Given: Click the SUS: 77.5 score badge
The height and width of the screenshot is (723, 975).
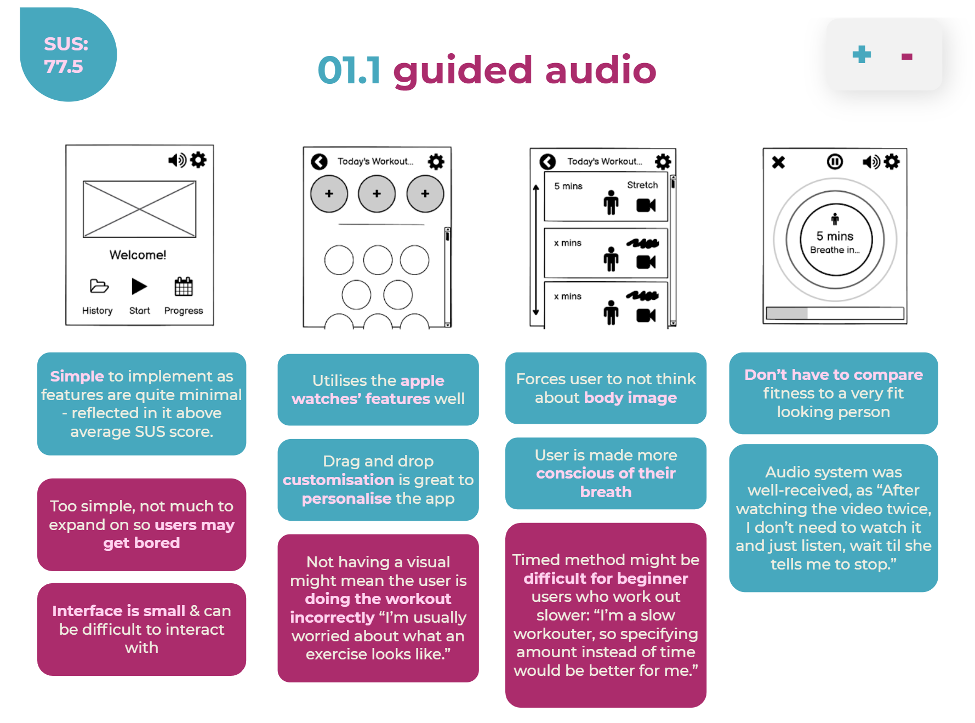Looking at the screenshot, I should pyautogui.click(x=67, y=55).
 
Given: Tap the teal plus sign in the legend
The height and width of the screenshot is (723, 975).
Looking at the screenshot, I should pyautogui.click(x=862, y=54).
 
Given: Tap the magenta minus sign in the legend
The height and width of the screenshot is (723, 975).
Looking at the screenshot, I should pyautogui.click(x=906, y=56).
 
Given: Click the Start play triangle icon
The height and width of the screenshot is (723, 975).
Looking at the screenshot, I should pyautogui.click(x=139, y=286).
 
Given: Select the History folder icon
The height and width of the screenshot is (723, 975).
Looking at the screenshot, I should pyautogui.click(x=99, y=286).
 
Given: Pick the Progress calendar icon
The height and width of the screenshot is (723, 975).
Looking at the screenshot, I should pyautogui.click(x=184, y=287).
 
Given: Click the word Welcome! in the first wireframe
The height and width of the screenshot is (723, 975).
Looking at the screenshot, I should pyautogui.click(x=138, y=255).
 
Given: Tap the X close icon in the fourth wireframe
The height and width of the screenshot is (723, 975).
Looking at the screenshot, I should pyautogui.click(x=778, y=162).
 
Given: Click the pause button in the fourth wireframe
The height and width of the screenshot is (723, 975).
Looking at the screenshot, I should pyautogui.click(x=835, y=162).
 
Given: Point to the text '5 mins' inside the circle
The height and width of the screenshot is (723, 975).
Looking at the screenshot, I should pyautogui.click(x=835, y=236).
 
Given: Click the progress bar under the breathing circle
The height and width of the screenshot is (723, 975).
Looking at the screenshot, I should pyautogui.click(x=835, y=313).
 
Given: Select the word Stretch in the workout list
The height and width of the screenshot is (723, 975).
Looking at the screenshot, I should pyautogui.click(x=642, y=185).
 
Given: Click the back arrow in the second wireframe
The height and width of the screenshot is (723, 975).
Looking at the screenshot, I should pyautogui.click(x=320, y=162).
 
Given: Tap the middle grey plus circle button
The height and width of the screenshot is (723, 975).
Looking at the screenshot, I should pyautogui.click(x=377, y=194).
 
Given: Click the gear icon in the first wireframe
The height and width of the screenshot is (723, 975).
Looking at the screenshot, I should pyautogui.click(x=198, y=160).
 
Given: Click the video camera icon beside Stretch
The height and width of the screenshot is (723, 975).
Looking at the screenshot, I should pyautogui.click(x=646, y=206).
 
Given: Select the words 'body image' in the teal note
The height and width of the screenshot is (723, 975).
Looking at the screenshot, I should pyautogui.click(x=630, y=397).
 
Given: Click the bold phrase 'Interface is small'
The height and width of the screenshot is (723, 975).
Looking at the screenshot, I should pyautogui.click(x=118, y=611).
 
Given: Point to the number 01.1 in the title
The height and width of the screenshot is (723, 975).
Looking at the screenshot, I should pyautogui.click(x=349, y=71).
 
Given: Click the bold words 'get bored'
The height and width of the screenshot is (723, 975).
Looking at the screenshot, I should pyautogui.click(x=141, y=543).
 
